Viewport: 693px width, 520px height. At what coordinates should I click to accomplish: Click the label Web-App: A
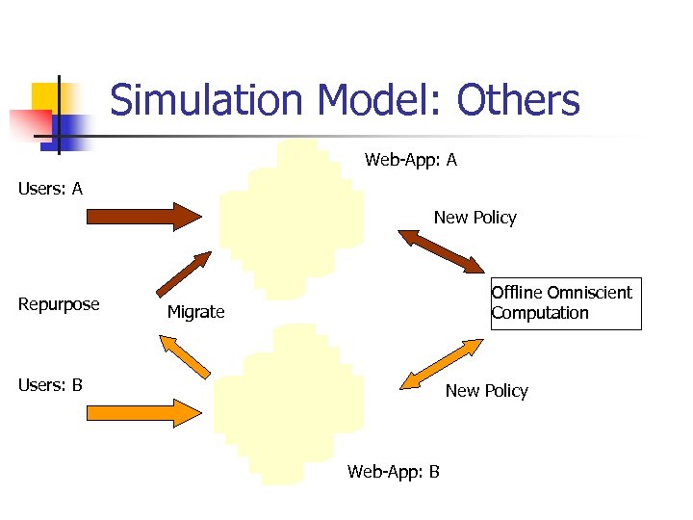pyautogui.click(x=411, y=160)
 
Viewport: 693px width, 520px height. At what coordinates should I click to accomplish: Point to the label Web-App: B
pyautogui.click(x=394, y=471)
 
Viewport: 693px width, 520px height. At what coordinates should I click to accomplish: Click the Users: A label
pyautogui.click(x=50, y=189)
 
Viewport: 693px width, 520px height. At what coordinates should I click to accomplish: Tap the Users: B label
pyautogui.click(x=50, y=385)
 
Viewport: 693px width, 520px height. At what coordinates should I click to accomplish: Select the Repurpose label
pyautogui.click(x=59, y=304)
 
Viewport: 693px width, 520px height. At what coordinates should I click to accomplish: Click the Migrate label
pyautogui.click(x=195, y=312)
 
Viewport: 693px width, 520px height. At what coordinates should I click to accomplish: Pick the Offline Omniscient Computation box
pyautogui.click(x=565, y=303)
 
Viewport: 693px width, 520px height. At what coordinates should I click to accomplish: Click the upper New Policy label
pyautogui.click(x=475, y=218)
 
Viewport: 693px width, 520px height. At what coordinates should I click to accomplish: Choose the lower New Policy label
pyautogui.click(x=486, y=390)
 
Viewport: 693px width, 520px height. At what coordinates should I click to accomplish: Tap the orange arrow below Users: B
pyautogui.click(x=143, y=412)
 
